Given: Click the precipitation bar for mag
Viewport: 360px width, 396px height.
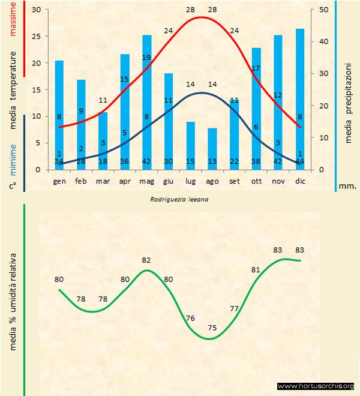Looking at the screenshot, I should click(x=147, y=102).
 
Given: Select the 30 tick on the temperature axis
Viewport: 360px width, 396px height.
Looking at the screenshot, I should click(x=37, y=10).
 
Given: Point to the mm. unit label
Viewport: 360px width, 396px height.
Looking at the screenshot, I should click(x=348, y=186).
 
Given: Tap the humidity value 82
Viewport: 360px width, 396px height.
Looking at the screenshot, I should click(x=146, y=260).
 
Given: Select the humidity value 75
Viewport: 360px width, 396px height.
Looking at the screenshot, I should click(x=212, y=328).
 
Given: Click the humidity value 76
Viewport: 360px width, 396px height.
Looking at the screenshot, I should click(x=190, y=318).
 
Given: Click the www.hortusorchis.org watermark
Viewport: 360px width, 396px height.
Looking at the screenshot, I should click(x=316, y=386).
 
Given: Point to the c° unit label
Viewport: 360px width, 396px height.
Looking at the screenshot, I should click(x=13, y=186).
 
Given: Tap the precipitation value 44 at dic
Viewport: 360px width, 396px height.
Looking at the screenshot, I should click(x=300, y=161).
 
